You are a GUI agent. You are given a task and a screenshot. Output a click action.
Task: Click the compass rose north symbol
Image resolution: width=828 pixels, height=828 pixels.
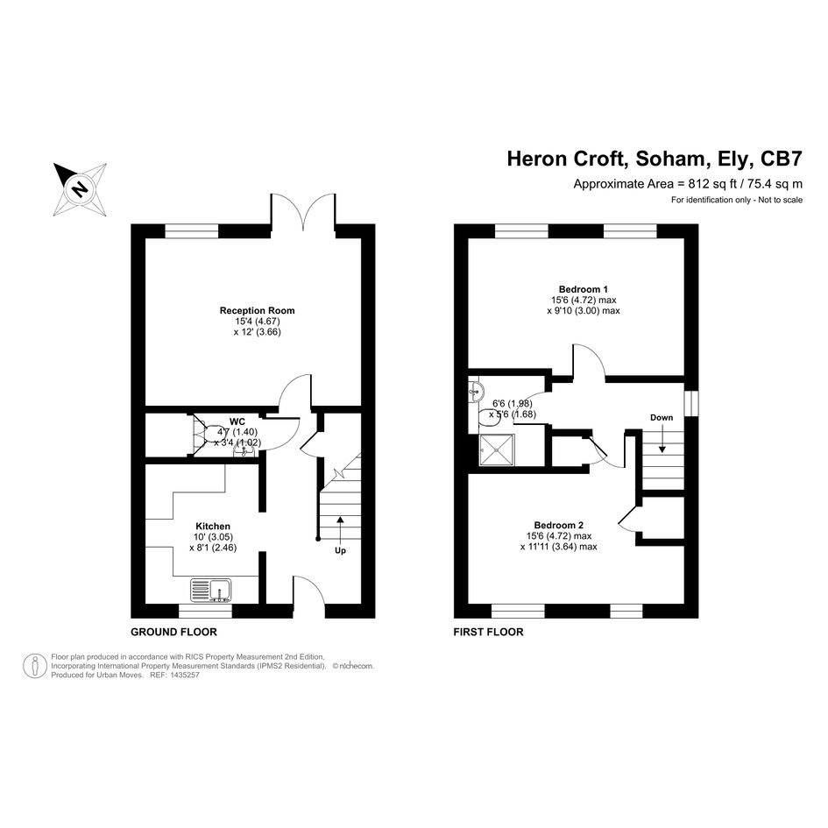coord(81,189)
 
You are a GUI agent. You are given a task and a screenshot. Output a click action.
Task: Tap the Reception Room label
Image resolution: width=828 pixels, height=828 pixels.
coord(258,310)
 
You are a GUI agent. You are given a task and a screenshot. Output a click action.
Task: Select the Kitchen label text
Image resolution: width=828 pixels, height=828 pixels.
coord(213,526)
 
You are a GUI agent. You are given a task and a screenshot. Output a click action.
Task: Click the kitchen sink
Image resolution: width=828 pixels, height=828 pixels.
coord(210,591)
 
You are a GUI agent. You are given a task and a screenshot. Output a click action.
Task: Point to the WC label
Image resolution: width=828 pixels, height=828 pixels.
coord(237,421)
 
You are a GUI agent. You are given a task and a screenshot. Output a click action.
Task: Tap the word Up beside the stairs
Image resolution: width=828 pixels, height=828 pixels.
coord(340,551)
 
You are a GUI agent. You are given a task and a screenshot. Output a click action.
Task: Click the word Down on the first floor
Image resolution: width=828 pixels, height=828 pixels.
coord(662,417)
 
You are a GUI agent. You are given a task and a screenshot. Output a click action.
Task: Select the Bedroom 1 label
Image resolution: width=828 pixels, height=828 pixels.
coord(583,289)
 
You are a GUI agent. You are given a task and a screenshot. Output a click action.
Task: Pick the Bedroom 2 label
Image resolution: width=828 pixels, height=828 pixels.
coord(559,525)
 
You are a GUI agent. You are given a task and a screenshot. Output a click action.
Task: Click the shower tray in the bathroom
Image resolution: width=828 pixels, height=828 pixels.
coord(497,449)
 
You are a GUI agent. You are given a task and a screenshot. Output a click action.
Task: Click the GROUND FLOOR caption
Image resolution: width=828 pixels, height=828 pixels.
coord(173,632)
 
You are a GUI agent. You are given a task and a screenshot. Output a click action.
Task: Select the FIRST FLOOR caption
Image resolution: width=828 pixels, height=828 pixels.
coord(488,632)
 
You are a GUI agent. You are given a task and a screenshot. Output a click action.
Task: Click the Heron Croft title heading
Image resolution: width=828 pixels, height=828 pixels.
coord(655,159)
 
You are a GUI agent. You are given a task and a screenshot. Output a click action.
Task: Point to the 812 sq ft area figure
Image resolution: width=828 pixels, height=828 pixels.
coord(712,184)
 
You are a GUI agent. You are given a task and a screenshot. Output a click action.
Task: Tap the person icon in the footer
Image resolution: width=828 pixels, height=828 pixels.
coord(35,666)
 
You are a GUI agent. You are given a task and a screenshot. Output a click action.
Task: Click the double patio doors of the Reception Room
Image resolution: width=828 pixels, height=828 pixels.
coord(303,212)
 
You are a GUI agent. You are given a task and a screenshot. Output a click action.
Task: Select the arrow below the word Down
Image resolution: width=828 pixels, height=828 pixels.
coord(662,438)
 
